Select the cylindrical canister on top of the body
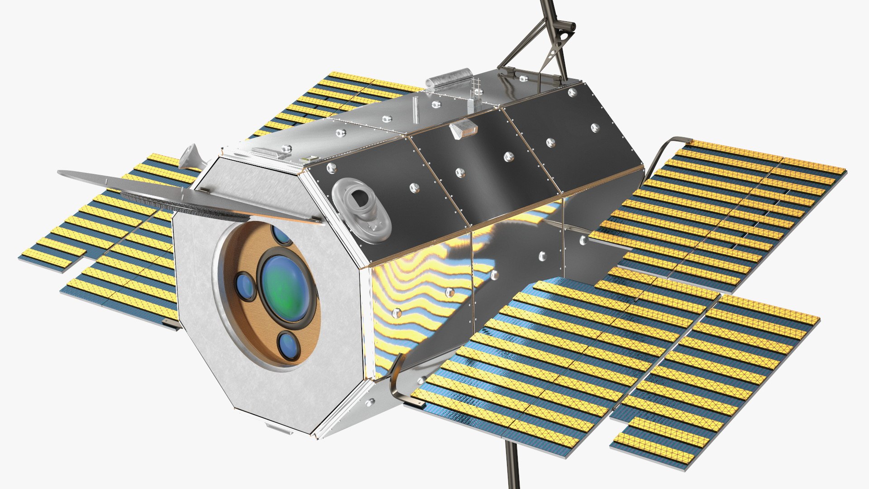point(448,79)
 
